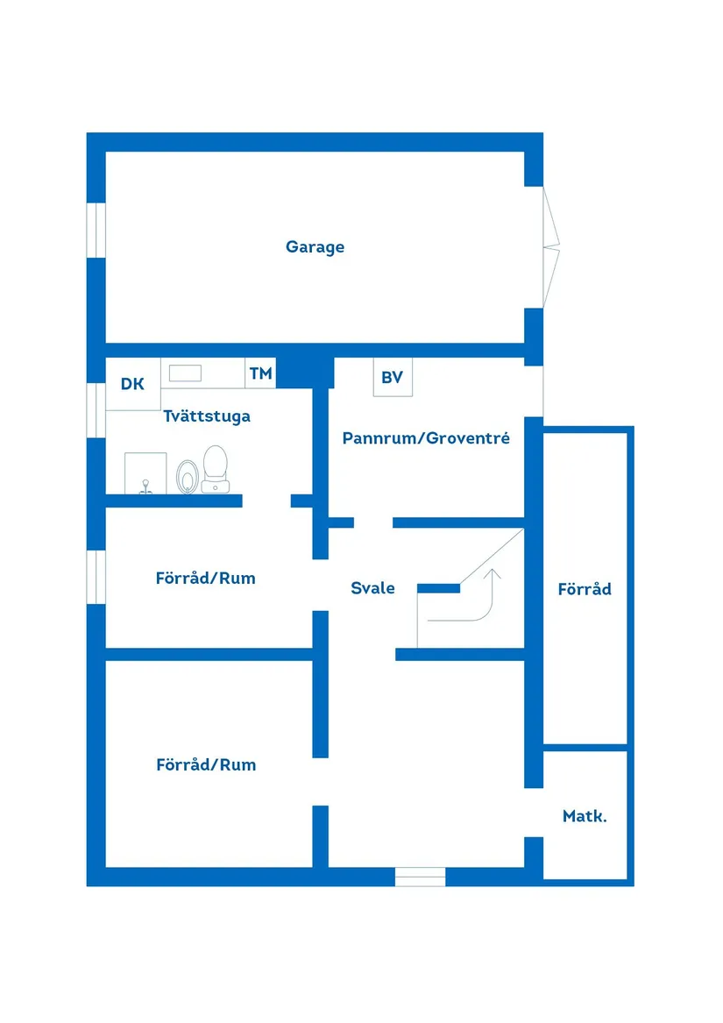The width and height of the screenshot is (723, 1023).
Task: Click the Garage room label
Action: tap(315, 247)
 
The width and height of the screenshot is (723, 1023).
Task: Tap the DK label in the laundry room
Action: tap(132, 383)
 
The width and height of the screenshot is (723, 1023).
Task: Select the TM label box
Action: tap(260, 373)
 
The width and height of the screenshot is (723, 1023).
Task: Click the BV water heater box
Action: tap(392, 378)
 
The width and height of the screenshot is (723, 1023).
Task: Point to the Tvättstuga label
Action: tap(207, 416)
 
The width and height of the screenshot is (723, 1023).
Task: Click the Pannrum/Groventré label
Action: tap(426, 437)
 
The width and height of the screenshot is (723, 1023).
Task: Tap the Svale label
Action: tap(372, 588)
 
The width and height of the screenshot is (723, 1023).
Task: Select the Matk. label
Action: tap(585, 816)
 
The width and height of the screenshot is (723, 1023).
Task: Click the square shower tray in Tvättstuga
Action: tap(145, 473)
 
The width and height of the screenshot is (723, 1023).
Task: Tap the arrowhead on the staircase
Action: tap(493, 575)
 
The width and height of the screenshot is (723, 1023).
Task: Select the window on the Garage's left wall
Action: tap(96, 231)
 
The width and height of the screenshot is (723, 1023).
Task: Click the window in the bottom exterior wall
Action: tap(420, 876)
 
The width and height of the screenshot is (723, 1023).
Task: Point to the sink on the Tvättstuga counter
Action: tap(185, 373)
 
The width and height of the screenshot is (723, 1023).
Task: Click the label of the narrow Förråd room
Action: tap(585, 589)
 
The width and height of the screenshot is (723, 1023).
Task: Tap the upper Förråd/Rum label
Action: tap(206, 579)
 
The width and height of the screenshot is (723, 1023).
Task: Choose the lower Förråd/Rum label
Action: tap(206, 764)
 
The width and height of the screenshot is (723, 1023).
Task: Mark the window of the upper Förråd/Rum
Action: tap(96, 577)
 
